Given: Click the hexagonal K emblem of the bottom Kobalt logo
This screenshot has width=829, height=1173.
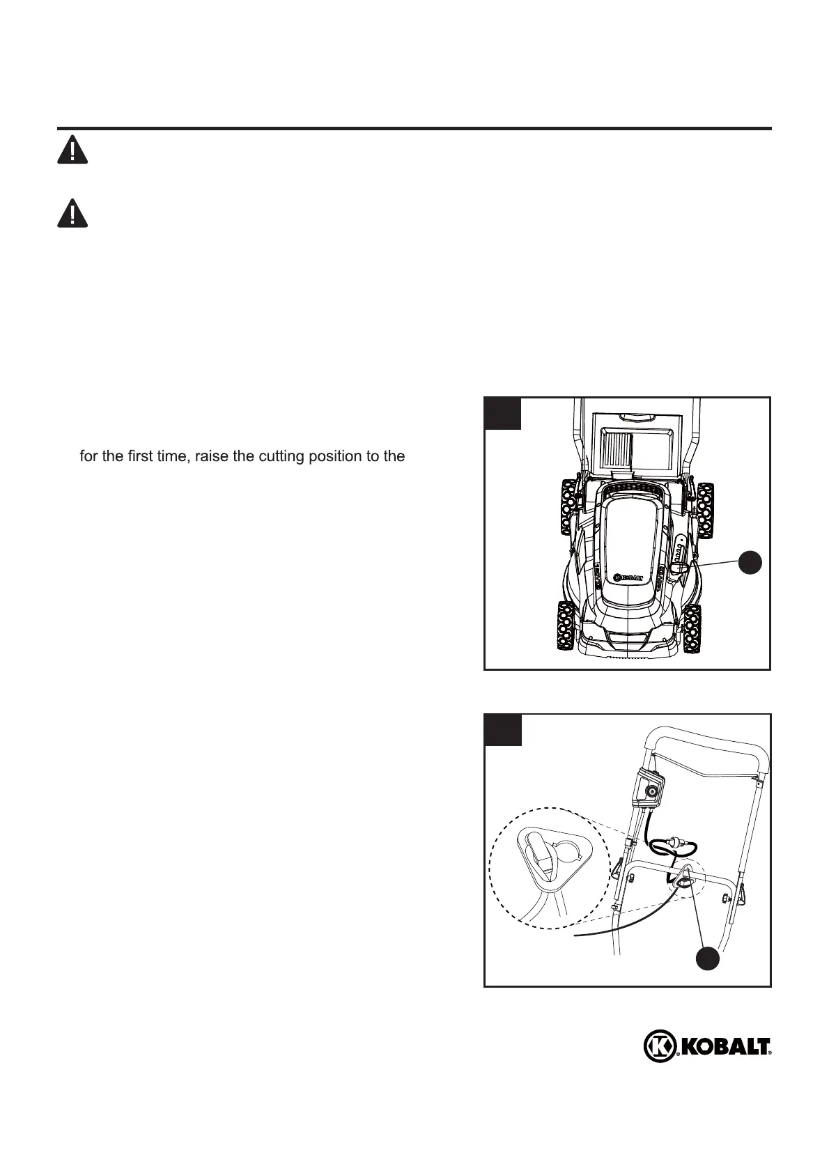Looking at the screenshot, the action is coord(658,1065).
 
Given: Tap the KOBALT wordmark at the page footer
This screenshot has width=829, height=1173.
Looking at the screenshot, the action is coord(723,1066).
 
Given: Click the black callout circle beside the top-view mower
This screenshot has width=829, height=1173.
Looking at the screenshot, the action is coord(750,562).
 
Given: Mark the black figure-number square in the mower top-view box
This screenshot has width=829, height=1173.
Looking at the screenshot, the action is coord(503,413).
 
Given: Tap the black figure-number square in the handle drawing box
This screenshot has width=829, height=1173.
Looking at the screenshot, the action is coord(503,730).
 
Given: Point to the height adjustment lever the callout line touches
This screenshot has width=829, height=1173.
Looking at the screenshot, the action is coord(679,568).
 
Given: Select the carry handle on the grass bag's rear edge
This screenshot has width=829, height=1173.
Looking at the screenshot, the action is coord(633,418).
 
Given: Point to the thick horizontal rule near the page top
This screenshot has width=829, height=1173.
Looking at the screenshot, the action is coord(414,129).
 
